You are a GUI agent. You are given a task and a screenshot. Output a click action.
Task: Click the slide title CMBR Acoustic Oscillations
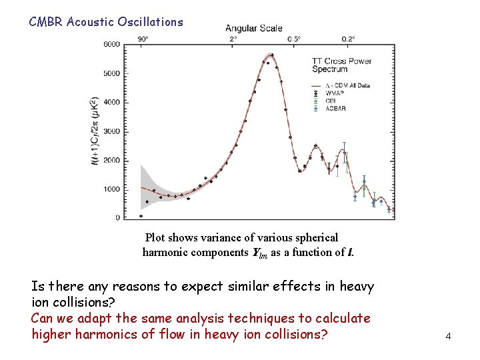[105, 22]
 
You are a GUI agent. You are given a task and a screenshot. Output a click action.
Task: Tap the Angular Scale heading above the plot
[253, 28]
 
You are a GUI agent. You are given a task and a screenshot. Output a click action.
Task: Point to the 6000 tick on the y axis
[112, 45]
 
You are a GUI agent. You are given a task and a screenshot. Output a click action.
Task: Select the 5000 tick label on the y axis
[112, 73]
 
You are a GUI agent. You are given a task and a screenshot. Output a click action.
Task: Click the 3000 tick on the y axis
[112, 131]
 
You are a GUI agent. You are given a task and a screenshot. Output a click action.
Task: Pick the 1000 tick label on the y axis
[112, 189]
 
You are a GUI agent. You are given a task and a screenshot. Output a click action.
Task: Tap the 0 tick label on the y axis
[117, 218]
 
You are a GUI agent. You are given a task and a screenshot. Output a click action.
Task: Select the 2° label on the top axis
[233, 39]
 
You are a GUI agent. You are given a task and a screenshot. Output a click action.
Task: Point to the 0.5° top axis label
[293, 39]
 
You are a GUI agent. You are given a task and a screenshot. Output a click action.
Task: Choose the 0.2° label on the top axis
[348, 39]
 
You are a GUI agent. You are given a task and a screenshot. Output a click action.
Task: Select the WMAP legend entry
[335, 93]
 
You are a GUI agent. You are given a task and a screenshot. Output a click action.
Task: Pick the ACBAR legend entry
[337, 108]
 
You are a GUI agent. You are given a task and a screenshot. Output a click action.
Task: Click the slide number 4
[449, 337]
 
